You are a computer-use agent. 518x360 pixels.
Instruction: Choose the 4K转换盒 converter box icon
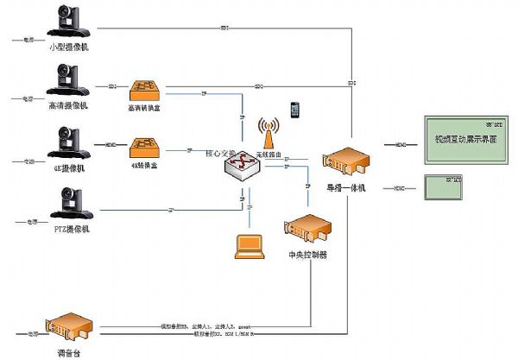point(143,147)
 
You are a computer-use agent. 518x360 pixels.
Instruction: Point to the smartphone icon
point(295,110)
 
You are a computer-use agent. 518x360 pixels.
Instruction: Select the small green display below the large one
point(445,186)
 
